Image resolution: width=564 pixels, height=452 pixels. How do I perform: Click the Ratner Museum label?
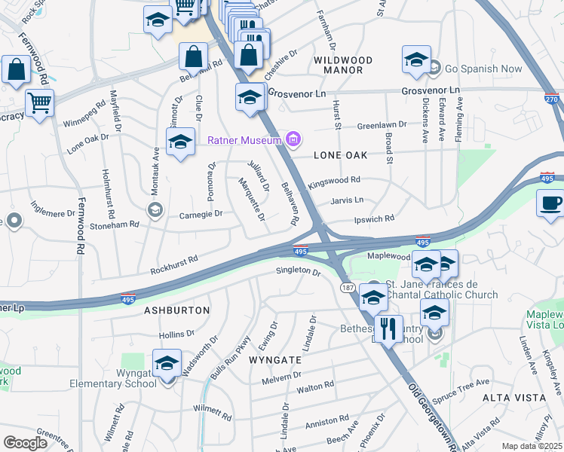coord(245,139)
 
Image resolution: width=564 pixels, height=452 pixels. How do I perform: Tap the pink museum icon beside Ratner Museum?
coord(293,139)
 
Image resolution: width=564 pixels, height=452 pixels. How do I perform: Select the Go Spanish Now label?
coord(483,69)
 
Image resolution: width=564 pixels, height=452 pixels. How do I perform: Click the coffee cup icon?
coord(550,202)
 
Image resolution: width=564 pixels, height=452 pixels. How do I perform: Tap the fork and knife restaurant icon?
coord(388,328)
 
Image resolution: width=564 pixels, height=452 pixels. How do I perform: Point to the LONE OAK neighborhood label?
coord(340,154)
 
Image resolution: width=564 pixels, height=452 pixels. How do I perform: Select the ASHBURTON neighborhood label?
coord(176,310)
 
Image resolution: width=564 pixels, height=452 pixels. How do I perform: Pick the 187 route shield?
coord(348,289)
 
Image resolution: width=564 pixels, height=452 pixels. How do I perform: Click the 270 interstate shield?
coord(551,98)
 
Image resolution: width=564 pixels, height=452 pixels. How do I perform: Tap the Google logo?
coord(26,443)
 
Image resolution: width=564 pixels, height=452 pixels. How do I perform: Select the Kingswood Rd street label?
coord(334,180)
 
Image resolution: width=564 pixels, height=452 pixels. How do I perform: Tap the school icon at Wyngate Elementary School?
coord(166,364)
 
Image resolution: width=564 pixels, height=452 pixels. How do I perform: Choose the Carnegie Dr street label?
coord(200,213)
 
